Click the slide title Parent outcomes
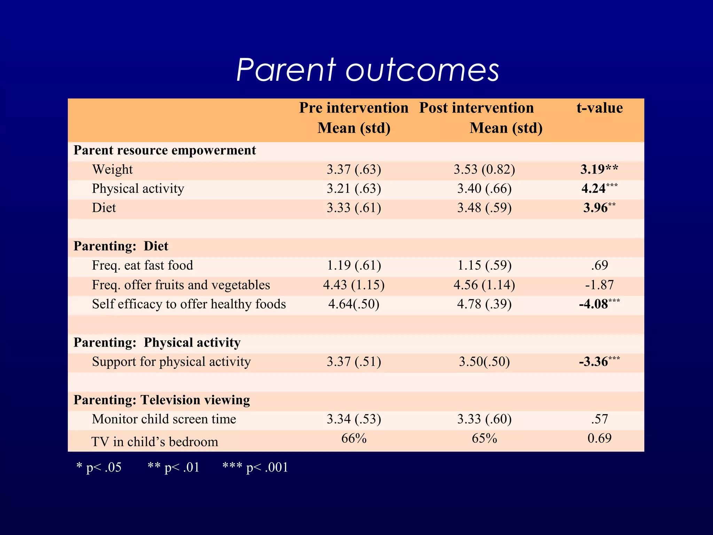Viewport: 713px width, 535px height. click(368, 70)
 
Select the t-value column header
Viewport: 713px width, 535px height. click(600, 108)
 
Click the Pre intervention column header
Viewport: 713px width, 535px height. click(354, 117)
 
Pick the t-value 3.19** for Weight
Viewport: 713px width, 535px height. click(599, 169)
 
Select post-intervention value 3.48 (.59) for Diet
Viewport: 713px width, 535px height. click(484, 208)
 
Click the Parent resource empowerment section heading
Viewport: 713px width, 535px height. click(165, 150)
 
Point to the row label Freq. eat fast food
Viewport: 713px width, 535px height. click(142, 265)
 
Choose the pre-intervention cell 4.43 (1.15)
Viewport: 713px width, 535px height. click(354, 285)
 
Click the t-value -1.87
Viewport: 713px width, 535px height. click(599, 285)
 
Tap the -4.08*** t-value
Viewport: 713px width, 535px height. click(599, 304)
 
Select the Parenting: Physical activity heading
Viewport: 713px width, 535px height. click(157, 342)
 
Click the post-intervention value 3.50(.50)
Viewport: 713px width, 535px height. click(484, 362)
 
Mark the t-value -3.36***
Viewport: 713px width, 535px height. click(599, 362)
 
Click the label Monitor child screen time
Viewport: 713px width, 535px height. click(164, 419)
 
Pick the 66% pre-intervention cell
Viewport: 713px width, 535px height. click(354, 438)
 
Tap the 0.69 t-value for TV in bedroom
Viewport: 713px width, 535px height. click(599, 438)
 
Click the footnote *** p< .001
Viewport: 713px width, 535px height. click(255, 467)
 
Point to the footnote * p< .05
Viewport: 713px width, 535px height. click(99, 467)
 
